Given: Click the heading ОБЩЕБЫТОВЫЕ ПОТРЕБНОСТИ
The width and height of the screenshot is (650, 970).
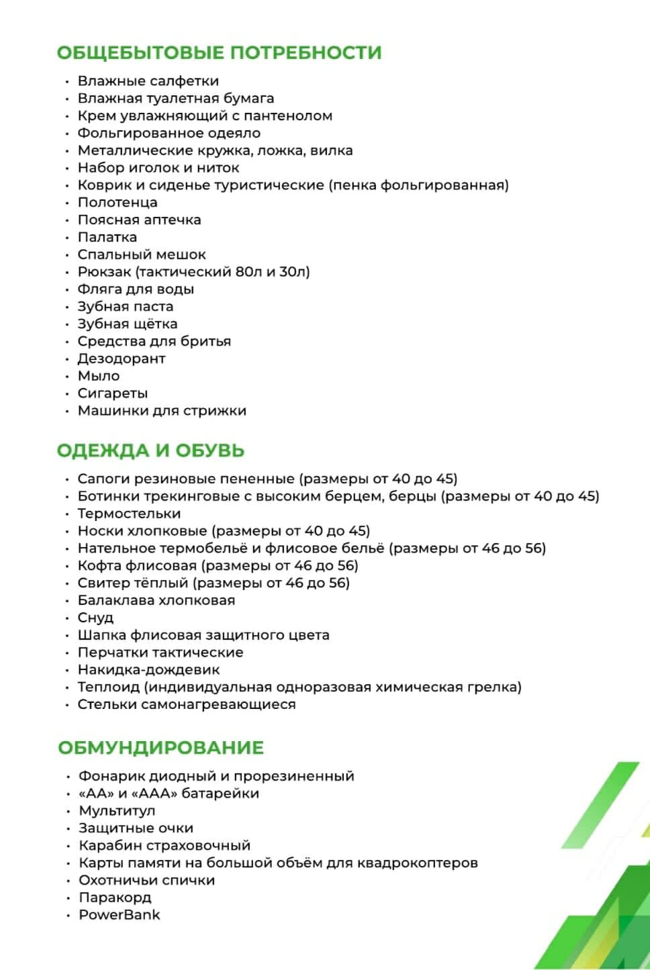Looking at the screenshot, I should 219,52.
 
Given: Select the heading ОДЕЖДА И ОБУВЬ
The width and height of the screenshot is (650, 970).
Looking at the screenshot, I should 150,450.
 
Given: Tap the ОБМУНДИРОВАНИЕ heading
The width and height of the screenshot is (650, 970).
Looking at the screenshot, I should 160,748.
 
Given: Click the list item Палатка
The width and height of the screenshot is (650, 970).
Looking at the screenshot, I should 107,237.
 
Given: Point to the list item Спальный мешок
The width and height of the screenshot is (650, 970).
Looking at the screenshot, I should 142,254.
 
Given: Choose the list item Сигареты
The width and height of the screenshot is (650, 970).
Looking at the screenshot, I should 112,393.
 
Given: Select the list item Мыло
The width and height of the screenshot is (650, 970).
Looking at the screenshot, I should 99,376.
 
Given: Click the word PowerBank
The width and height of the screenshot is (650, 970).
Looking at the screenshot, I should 120,915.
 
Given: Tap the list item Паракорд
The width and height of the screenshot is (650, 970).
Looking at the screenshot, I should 115,898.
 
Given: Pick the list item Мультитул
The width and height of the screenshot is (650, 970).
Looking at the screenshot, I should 117,811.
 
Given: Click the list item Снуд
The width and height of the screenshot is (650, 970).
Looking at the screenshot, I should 95,618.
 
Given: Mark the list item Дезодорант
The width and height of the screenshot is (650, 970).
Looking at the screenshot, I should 121,358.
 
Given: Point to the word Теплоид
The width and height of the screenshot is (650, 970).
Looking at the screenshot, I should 108,687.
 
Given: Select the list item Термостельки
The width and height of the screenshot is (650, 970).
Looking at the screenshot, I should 129,514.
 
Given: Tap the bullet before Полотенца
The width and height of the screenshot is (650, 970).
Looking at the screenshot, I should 67,203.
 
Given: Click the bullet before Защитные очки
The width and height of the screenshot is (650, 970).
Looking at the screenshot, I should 68,829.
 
